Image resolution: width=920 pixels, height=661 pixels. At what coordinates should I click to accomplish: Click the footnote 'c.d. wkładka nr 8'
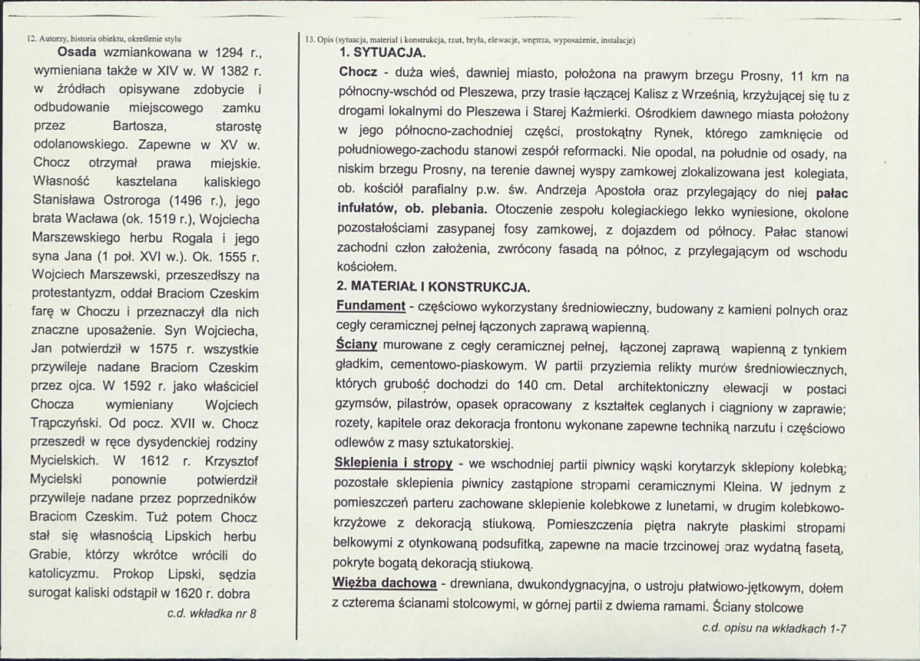coord(211,613)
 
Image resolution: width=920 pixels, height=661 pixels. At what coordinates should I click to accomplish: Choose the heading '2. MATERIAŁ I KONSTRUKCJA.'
coord(432,289)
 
